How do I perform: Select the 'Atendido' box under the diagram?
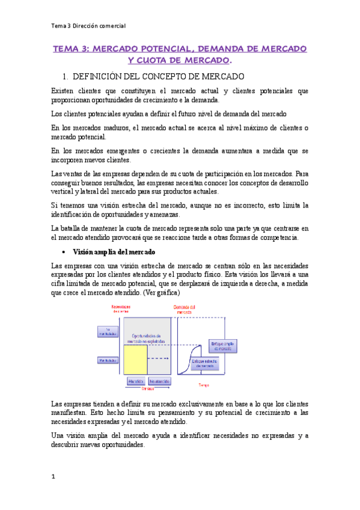pyautogui.click(x=136, y=381)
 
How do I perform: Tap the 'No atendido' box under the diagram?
pyautogui.click(x=159, y=381)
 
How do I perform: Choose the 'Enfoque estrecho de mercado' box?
pyautogui.click(x=205, y=363)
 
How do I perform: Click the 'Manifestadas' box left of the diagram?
pyautogui.click(x=108, y=360)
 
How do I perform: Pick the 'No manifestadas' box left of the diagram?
pyautogui.click(x=108, y=331)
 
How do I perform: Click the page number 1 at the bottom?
pyautogui.click(x=53, y=476)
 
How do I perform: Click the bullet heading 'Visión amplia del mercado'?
pyautogui.click(x=114, y=251)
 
